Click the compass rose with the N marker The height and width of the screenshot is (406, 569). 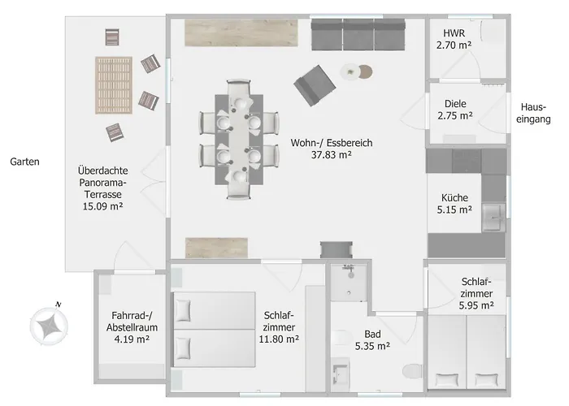point(49,325)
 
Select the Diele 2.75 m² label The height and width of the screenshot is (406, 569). point(455,110)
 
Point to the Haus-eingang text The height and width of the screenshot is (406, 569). point(533,113)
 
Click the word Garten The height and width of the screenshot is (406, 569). point(24,162)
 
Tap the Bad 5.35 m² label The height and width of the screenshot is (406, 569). point(372,340)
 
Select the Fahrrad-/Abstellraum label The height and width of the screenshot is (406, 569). point(132,322)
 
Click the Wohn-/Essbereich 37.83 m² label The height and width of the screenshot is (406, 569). point(332,149)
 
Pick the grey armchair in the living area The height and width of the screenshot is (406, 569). point(315,85)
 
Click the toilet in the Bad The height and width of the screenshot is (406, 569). point(412,371)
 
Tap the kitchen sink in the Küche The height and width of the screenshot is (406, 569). point(493,218)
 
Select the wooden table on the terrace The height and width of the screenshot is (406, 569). point(114,85)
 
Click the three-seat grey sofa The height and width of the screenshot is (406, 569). point(358,35)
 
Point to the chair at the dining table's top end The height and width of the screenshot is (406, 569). point(238,89)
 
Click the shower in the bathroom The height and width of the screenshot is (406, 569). point(349,283)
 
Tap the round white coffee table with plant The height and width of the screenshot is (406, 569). point(350,71)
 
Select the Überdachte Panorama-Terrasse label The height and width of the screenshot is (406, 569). point(103,188)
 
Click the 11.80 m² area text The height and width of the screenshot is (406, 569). point(279,339)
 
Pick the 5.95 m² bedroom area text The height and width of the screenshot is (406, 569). point(476,305)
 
